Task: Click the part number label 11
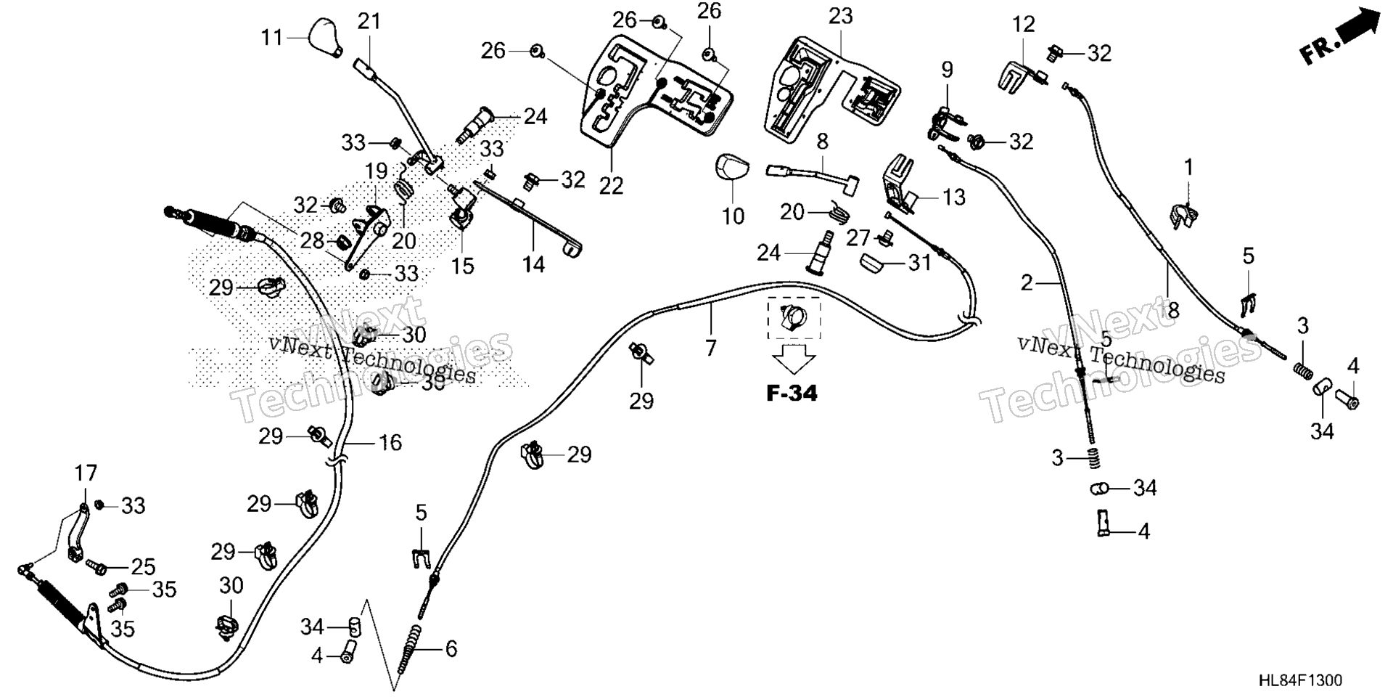(272, 37)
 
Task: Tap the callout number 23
(841, 16)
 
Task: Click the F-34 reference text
(792, 394)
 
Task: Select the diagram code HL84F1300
(1300, 680)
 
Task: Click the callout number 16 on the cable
(390, 442)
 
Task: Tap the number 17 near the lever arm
(86, 474)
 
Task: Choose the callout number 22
(611, 186)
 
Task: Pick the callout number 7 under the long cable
(710, 348)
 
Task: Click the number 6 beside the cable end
(451, 648)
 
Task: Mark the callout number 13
(954, 197)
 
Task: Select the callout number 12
(1024, 25)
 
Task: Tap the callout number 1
(1188, 168)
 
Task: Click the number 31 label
(920, 262)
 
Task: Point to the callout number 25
(144, 566)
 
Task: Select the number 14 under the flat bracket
(533, 264)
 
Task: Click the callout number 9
(947, 70)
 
